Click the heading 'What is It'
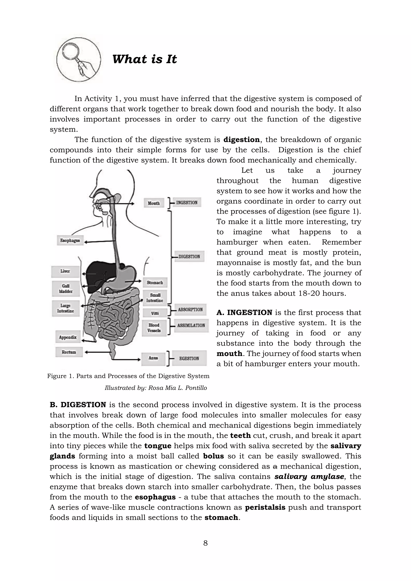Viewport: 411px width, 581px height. coord(144,59)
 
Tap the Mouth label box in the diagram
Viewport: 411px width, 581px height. coord(154,203)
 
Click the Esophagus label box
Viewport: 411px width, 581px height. coord(70,240)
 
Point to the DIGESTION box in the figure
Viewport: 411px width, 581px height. coord(189,257)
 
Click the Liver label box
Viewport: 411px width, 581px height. coord(65,271)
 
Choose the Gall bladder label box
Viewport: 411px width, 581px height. coord(66,289)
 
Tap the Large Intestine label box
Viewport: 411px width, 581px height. coord(66,308)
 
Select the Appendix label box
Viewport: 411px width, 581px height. coord(68,337)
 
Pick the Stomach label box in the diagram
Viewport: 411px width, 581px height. coord(155,282)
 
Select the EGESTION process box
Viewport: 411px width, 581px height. coord(189,358)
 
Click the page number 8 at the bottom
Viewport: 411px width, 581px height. coord(205,543)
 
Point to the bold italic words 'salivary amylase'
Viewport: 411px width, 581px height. coord(309,477)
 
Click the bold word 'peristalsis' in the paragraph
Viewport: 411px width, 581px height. coord(265,507)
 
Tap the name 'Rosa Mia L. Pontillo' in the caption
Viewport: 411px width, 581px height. coord(177,388)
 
